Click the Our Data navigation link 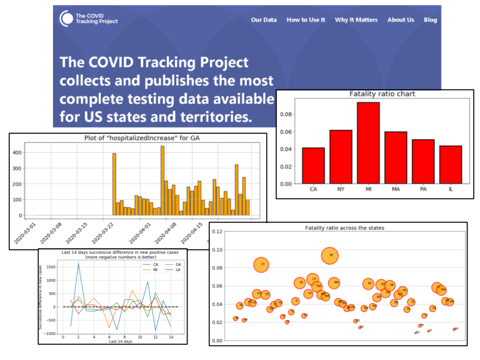click(x=263, y=20)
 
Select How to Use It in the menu click(x=305, y=20)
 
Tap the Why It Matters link click(x=356, y=20)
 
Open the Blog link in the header click(x=430, y=20)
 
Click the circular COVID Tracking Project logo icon click(x=66, y=19)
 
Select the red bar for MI click(x=368, y=142)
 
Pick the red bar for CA click(x=313, y=165)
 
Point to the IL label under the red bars click(x=450, y=190)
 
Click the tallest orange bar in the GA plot click(x=162, y=180)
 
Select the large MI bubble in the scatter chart click(x=330, y=255)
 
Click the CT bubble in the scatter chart click(x=262, y=264)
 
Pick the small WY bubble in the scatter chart click(x=454, y=329)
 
